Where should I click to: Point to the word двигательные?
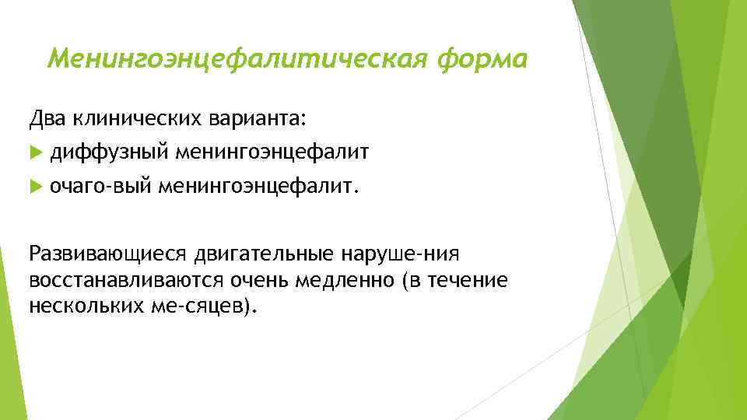click(x=264, y=254)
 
